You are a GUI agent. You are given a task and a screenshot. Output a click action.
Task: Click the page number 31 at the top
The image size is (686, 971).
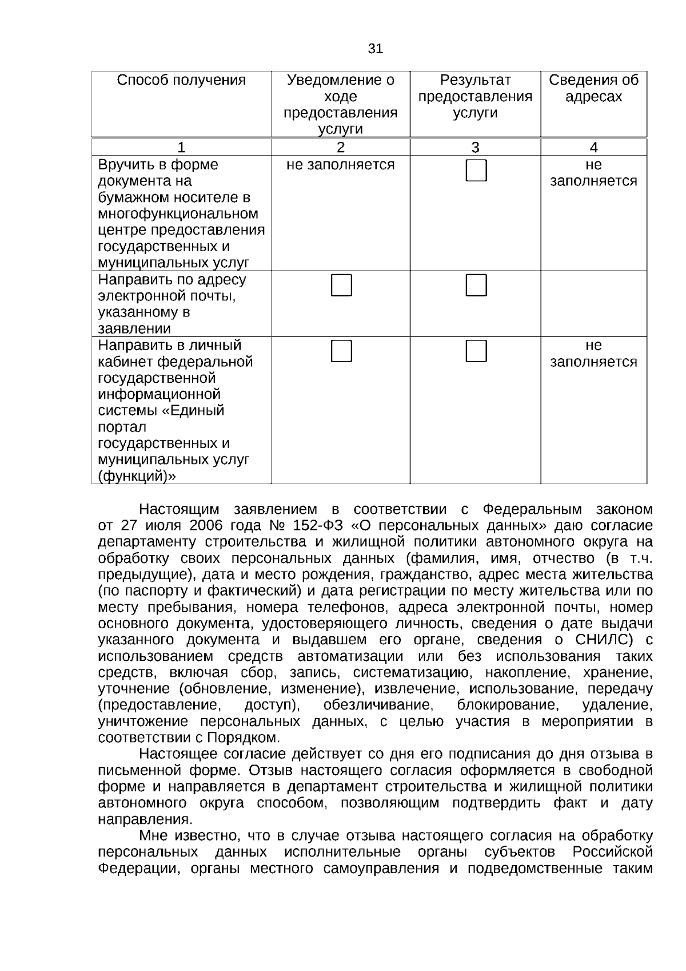pyautogui.click(x=375, y=49)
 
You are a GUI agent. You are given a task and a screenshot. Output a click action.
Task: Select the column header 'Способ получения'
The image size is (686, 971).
pyautogui.click(x=181, y=80)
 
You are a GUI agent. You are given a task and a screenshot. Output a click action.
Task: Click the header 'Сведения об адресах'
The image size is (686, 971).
pyautogui.click(x=593, y=88)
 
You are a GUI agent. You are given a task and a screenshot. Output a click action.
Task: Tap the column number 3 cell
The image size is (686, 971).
pyautogui.click(x=475, y=148)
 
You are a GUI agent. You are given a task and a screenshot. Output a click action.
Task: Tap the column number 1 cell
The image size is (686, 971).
pyautogui.click(x=181, y=148)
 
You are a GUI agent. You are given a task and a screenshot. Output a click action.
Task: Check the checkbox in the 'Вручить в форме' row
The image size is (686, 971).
pyautogui.click(x=476, y=171)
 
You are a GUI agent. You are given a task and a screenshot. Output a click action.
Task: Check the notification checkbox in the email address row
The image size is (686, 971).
pyautogui.click(x=341, y=286)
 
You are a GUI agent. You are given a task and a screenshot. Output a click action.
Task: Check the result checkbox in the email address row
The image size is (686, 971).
pyautogui.click(x=476, y=286)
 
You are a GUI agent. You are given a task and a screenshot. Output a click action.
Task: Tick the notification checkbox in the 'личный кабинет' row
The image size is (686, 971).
pyautogui.click(x=341, y=351)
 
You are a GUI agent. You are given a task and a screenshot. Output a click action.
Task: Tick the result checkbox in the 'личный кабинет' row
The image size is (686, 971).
pyautogui.click(x=476, y=351)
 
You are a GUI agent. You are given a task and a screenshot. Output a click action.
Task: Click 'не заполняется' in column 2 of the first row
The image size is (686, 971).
pyautogui.click(x=340, y=165)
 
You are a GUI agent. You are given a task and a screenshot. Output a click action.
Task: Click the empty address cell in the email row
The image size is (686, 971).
pyautogui.click(x=593, y=303)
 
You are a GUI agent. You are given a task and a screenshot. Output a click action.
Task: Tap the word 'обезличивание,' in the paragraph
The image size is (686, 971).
pyautogui.click(x=377, y=705)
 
